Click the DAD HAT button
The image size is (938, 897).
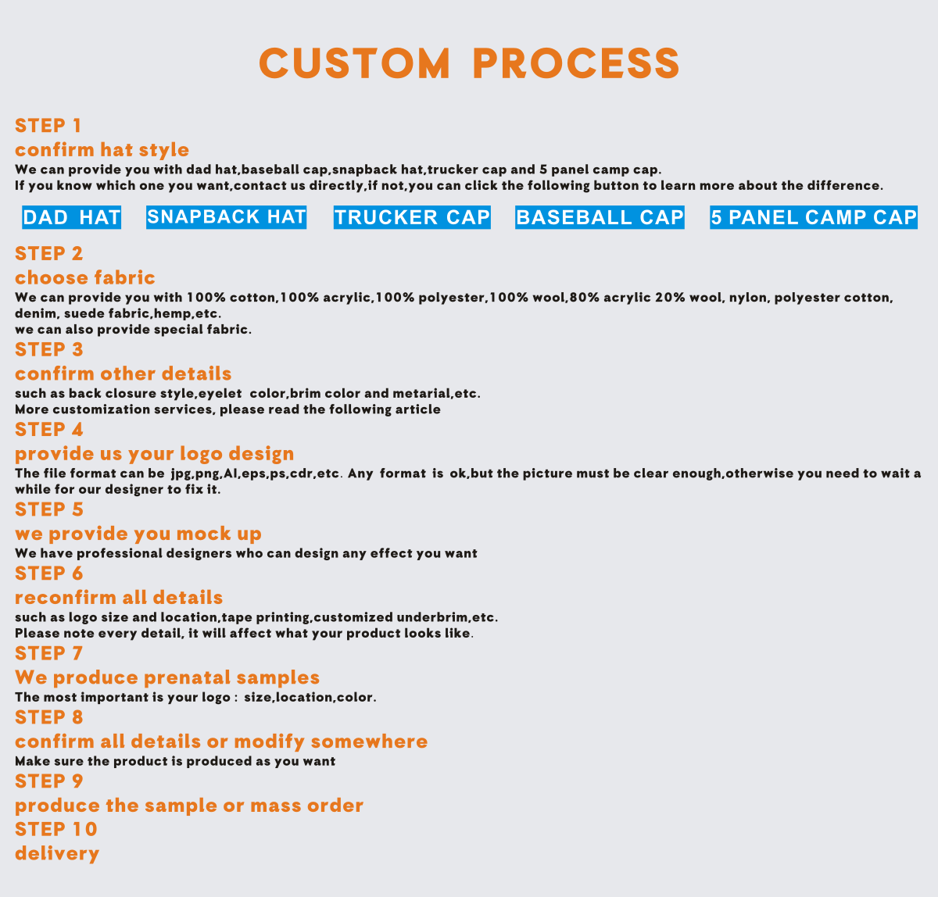click(x=72, y=217)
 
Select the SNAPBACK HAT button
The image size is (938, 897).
click(x=227, y=216)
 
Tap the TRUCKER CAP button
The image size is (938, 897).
click(x=412, y=217)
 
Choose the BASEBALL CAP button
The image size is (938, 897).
click(x=600, y=217)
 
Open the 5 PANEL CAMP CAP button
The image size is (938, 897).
click(x=814, y=217)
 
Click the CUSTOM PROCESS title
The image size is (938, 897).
click(x=469, y=63)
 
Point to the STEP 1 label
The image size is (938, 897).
click(x=48, y=126)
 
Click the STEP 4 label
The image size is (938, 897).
click(x=49, y=430)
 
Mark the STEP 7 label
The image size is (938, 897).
click(x=49, y=653)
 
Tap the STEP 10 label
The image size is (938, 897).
click(x=56, y=829)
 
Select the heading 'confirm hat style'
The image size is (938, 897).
click(x=102, y=150)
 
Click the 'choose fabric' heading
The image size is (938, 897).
click(x=85, y=277)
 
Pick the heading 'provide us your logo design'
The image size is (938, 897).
click(x=155, y=454)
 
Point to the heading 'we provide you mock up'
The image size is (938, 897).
click(x=138, y=534)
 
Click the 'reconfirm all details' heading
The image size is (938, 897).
click(x=119, y=598)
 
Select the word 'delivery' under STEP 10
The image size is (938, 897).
click(x=57, y=853)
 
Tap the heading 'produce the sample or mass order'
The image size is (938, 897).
click(x=189, y=806)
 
